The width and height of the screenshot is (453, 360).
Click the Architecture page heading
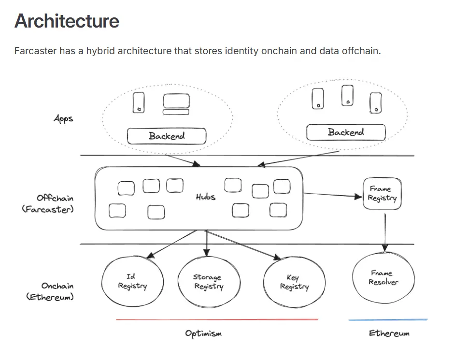click(x=67, y=21)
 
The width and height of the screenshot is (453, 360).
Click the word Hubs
click(x=206, y=197)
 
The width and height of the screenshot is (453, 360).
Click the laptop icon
click(x=176, y=104)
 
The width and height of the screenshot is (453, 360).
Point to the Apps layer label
click(x=63, y=119)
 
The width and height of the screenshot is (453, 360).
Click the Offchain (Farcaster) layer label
click(x=48, y=203)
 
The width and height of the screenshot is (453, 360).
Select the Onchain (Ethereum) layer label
click(x=50, y=291)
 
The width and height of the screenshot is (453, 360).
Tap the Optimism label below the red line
click(x=203, y=333)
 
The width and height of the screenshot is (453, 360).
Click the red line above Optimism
click(x=217, y=319)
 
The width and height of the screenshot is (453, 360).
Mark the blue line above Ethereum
click(x=388, y=319)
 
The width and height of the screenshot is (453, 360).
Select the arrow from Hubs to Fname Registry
click(x=333, y=195)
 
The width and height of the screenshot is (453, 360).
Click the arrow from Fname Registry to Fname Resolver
click(x=385, y=232)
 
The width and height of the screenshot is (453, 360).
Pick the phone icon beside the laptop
click(x=139, y=102)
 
